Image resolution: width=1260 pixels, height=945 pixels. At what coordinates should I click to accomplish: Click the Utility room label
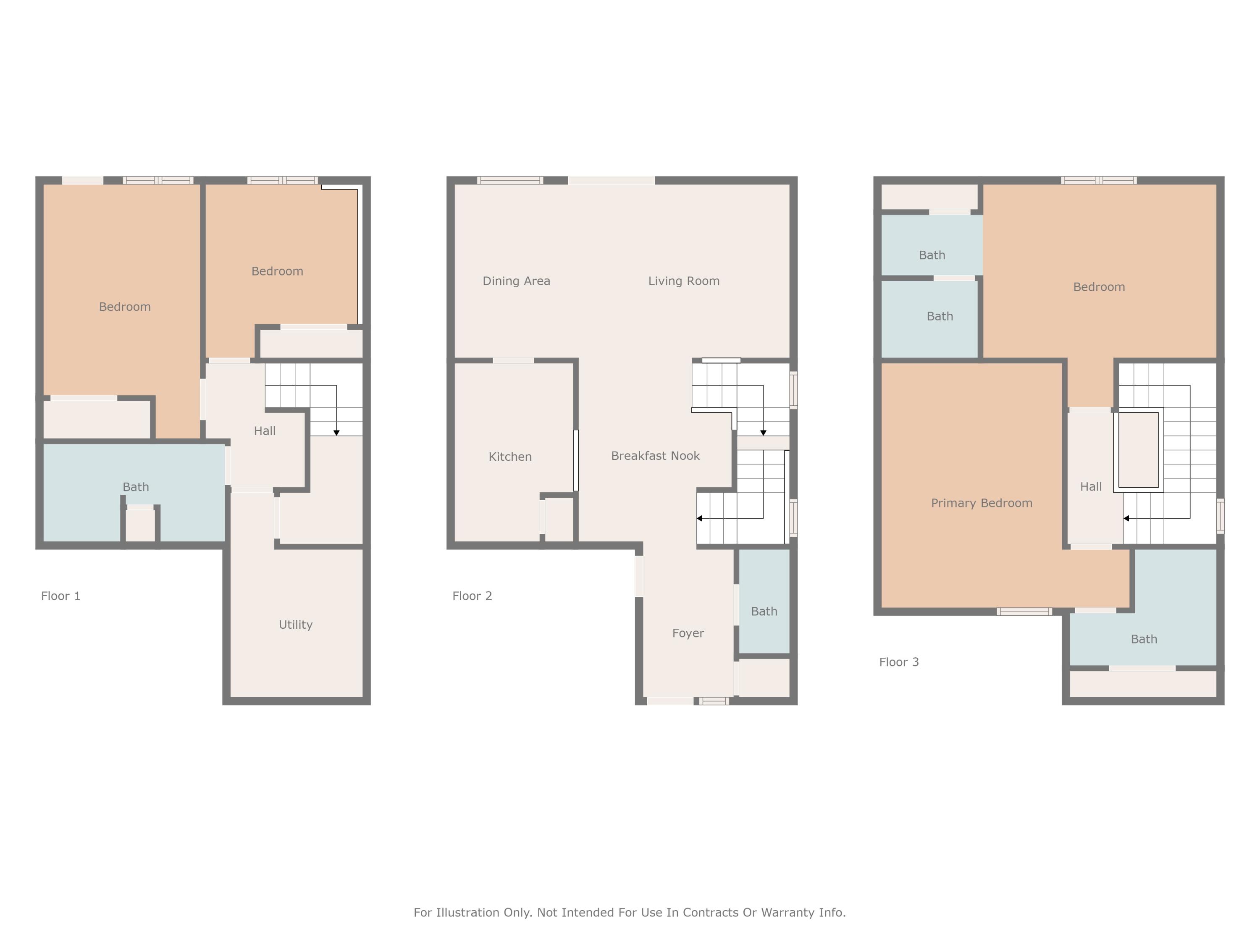295,624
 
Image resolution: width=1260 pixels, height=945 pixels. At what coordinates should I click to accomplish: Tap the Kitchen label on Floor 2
510,456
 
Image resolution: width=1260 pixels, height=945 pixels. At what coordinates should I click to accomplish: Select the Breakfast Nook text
655,455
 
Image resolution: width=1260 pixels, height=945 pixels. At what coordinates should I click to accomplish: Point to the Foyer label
688,633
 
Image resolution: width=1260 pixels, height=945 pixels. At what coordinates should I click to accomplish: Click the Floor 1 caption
60,596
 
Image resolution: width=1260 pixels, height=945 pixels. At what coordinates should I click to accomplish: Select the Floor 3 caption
899,662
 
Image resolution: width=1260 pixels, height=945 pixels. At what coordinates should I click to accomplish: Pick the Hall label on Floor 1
264,430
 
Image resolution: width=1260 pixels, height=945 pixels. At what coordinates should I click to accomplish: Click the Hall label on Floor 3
1091,486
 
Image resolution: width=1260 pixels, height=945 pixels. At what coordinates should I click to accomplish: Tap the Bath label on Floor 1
136,486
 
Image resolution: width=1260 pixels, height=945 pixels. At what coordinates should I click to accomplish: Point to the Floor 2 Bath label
764,611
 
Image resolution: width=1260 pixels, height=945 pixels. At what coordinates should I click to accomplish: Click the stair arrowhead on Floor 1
336,433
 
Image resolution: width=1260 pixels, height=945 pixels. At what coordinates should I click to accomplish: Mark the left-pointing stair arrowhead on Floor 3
1126,518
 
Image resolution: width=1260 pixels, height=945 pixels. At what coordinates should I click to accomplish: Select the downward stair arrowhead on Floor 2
763,433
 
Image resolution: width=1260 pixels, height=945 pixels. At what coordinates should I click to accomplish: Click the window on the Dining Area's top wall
510,181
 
